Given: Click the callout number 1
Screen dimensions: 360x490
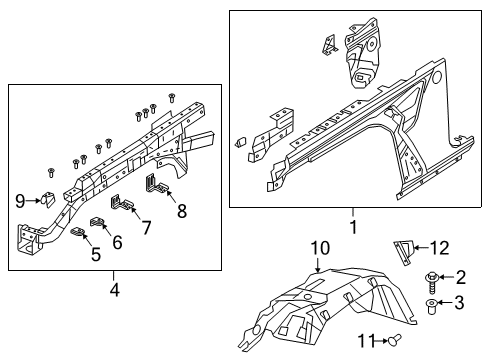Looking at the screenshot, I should pyautogui.click(x=351, y=227).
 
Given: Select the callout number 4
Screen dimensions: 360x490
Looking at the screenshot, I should pyautogui.click(x=114, y=291).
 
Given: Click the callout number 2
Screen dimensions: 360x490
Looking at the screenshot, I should pyautogui.click(x=461, y=277).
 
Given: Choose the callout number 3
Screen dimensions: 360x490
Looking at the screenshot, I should pyautogui.click(x=461, y=303).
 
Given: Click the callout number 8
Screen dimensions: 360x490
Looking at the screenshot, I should pyautogui.click(x=182, y=211).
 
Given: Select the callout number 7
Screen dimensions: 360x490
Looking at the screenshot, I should pyautogui.click(x=146, y=228).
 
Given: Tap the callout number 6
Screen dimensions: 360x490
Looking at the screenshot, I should pyautogui.click(x=117, y=241).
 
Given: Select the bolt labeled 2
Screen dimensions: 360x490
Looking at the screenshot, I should pyautogui.click(x=432, y=279).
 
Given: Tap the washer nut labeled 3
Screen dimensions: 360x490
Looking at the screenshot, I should pyautogui.click(x=431, y=304).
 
